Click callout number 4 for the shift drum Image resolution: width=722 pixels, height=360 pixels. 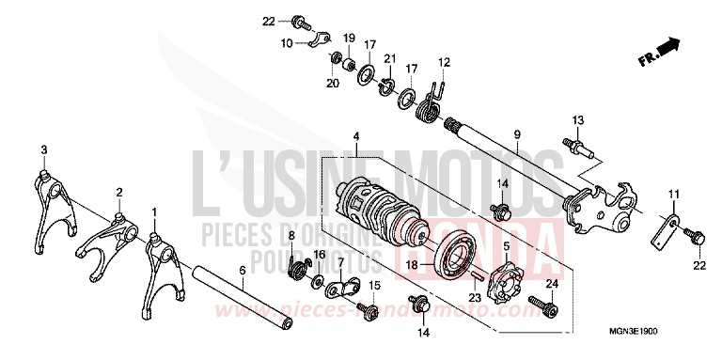356,137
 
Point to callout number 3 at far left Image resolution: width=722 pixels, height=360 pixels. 43,150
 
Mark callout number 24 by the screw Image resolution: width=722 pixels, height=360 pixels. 551,283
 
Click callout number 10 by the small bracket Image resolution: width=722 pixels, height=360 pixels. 286,43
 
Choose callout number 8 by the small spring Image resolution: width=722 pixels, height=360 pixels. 292,234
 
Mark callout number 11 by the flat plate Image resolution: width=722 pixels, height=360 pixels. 671,195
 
